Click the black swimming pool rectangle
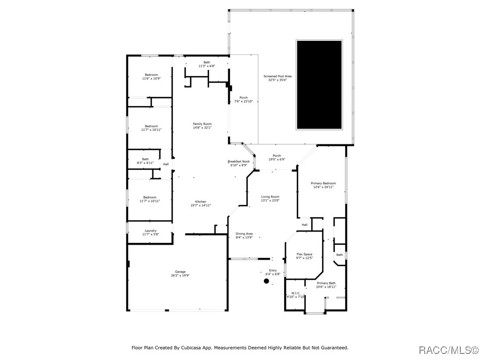tap(319, 85)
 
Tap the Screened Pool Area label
tap(277, 78)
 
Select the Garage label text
tap(180, 274)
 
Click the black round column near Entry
tap(266, 281)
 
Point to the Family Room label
tap(202, 126)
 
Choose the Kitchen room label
tap(201, 203)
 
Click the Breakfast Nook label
tap(239, 163)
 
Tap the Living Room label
tap(270, 199)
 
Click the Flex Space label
tap(304, 256)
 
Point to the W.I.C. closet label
tap(295, 295)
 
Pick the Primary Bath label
tap(326, 285)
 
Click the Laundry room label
tap(150, 232)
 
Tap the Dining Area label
tap(244, 235)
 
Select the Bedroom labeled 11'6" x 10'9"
tap(151, 77)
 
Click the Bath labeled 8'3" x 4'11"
tap(145, 161)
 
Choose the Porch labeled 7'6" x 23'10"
tap(243, 99)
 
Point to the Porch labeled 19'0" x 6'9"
tap(277, 157)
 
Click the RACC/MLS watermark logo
tap(448, 350)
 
